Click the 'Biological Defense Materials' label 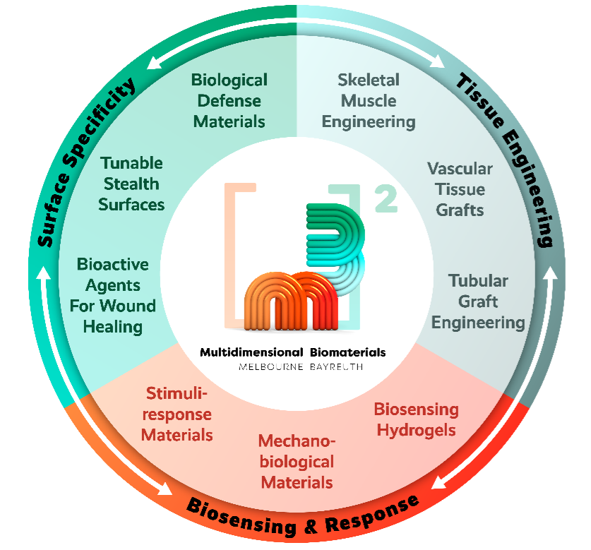[x=229, y=101]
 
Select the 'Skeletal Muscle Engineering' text [x=369, y=102]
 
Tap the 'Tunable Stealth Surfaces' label [x=131, y=184]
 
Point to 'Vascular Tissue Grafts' [x=460, y=189]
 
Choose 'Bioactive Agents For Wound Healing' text [x=113, y=296]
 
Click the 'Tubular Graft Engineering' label [x=478, y=301]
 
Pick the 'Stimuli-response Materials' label [x=177, y=414]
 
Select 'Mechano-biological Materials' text [x=297, y=462]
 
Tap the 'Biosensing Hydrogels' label [x=417, y=419]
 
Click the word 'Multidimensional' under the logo [x=251, y=352]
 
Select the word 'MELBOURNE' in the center [x=271, y=367]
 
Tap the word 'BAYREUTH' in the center [x=337, y=367]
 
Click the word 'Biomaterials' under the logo [x=347, y=352]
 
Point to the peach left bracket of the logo [x=230, y=256]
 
